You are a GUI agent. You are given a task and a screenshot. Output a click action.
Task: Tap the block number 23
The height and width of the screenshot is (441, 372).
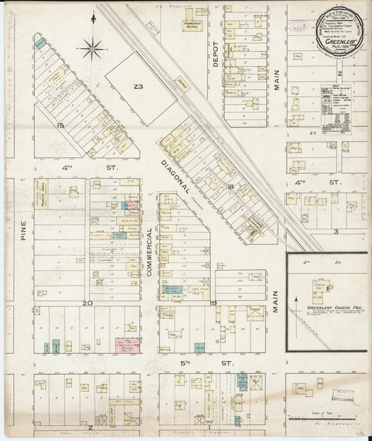[x=139, y=87]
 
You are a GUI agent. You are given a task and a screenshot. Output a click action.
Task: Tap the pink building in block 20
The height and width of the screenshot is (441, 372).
[x=128, y=345]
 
